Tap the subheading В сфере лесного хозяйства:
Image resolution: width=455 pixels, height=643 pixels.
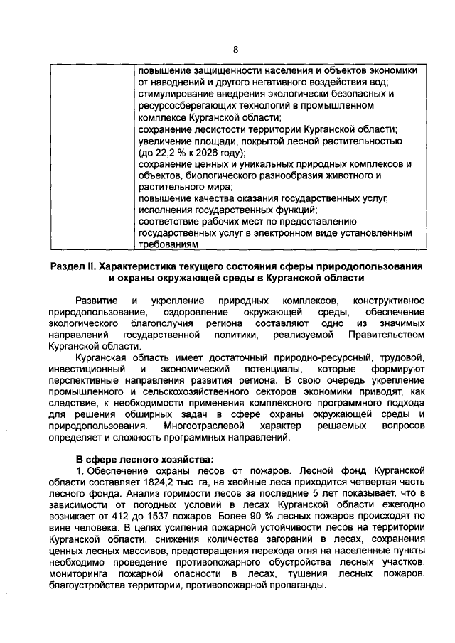pos(144,458)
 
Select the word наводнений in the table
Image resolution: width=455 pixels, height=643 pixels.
pos(178,82)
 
